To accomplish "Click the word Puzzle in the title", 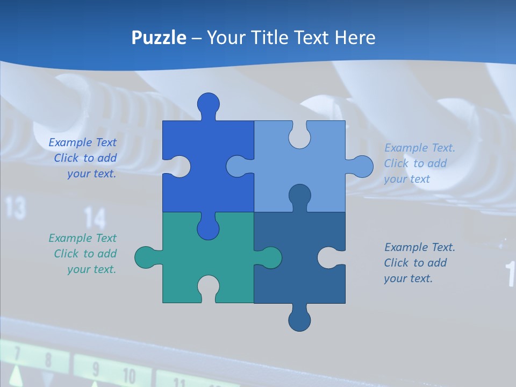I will click(x=159, y=38).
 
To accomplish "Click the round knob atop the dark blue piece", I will click(x=208, y=104).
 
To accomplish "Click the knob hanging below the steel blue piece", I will click(x=299, y=320).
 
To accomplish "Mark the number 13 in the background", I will click(x=16, y=208).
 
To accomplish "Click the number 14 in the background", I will click(x=95, y=218).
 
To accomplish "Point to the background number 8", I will click(x=48, y=359).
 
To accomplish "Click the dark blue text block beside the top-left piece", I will click(x=83, y=158).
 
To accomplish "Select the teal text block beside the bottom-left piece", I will click(x=83, y=254).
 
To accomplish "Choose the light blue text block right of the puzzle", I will click(x=419, y=163).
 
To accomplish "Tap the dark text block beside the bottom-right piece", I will click(x=419, y=263).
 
